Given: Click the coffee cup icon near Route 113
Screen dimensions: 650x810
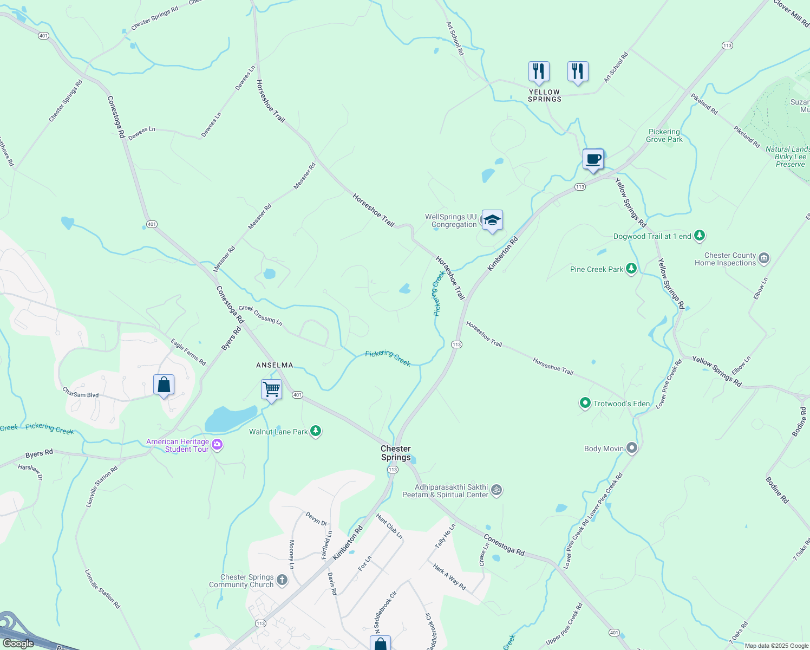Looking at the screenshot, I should click(x=593, y=159).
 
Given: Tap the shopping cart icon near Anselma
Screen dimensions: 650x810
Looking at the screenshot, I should click(x=271, y=389).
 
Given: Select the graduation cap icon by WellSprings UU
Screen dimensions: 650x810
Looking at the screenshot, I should click(x=492, y=220).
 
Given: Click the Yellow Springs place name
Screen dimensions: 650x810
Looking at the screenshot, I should click(x=545, y=96).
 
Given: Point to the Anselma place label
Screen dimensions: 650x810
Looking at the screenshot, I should click(x=275, y=365).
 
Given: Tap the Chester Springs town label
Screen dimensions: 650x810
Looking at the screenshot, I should click(x=396, y=453).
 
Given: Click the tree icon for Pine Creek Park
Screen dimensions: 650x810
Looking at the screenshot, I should click(x=631, y=269).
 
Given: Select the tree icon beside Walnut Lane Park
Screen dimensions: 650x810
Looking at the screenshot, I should click(x=316, y=431).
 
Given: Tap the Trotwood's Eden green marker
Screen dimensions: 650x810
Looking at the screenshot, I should click(x=585, y=403).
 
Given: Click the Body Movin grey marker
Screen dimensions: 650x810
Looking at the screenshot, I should click(x=632, y=448).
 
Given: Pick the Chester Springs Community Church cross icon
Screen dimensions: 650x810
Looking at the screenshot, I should click(x=282, y=580).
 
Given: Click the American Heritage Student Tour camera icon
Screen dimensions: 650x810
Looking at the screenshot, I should click(x=217, y=445).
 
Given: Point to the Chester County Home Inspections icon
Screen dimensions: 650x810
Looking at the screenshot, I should click(x=764, y=258).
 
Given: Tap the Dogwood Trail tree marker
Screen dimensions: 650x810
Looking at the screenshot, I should click(x=700, y=236).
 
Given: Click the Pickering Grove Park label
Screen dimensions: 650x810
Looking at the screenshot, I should click(x=664, y=135).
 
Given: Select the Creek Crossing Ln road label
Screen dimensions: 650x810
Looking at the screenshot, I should click(x=260, y=315).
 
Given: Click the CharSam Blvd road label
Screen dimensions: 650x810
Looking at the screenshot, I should click(x=81, y=392).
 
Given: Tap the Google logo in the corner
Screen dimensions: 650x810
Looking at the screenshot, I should click(x=18, y=643).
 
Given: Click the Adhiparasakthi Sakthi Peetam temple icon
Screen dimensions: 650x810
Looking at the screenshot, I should click(x=497, y=490).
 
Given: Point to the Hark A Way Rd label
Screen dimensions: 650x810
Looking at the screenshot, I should click(x=449, y=576).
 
